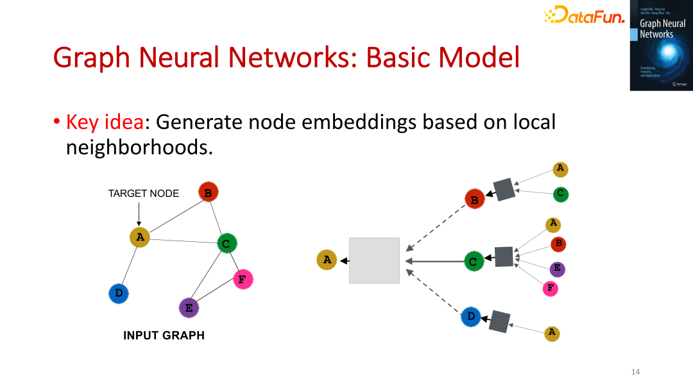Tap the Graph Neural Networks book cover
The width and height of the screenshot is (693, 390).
coord(661,46)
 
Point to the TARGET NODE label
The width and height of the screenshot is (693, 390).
coord(144,193)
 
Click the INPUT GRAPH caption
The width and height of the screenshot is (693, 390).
coord(164,335)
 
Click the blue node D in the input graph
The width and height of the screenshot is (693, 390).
coord(119,294)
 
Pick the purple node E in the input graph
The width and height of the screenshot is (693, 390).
coord(189,308)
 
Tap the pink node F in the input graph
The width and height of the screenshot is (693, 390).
coord(242,279)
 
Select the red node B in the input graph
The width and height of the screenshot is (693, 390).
coord(208,192)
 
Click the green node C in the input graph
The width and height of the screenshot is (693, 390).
coord(227,243)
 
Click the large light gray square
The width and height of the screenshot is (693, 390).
coord(374,260)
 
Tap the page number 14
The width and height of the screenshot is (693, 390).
coord(636,372)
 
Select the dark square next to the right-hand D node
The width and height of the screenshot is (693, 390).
coord(499,321)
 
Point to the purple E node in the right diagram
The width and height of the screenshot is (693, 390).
coord(557,268)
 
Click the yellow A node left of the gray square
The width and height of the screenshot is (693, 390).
coord(327,260)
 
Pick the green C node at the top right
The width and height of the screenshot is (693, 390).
coord(560,193)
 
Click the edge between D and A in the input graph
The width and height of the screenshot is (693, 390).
coord(129,265)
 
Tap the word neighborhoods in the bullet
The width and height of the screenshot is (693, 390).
coord(139,148)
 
